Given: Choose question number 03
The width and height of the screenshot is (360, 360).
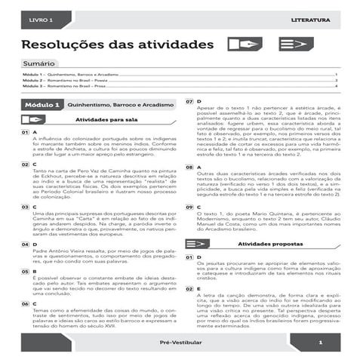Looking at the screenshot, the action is click(x=25, y=207).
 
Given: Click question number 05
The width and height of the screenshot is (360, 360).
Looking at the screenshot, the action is click(x=25, y=272).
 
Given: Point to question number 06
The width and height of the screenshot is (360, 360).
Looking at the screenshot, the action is click(x=25, y=303).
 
